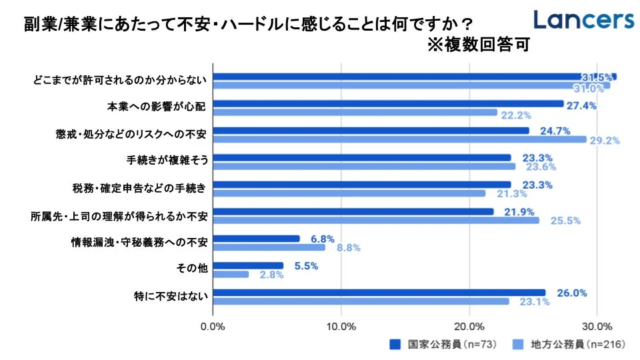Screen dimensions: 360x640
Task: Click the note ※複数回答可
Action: coord(478,45)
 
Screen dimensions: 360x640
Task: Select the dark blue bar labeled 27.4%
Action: coord(388,103)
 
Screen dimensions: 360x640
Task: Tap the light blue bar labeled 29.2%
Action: coord(399,139)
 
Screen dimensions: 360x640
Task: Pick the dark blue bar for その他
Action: coord(248,265)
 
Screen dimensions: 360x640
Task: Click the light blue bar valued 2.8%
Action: coord(231,274)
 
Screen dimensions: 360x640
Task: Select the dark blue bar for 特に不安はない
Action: coord(379,293)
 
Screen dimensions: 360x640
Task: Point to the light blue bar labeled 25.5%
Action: coord(376,220)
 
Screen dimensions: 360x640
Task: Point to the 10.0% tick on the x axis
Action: coord(341,326)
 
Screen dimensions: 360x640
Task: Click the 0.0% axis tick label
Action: coord(213,326)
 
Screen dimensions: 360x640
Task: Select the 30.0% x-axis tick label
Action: coord(597,326)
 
